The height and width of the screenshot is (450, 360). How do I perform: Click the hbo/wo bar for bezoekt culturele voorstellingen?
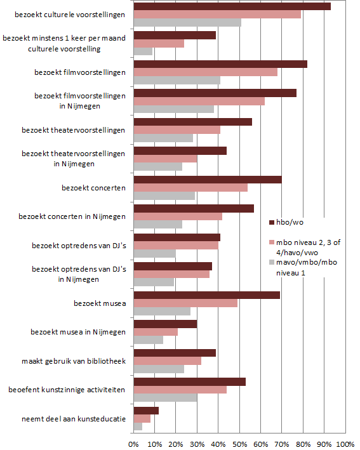tap(232, 6)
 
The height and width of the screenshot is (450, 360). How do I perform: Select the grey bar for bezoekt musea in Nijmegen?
tap(149, 340)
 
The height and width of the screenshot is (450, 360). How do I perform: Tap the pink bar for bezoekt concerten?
tap(190, 188)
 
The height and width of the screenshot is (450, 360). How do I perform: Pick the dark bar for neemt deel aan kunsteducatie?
tap(146, 411)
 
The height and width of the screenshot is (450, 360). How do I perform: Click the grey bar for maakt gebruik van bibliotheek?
tap(159, 369)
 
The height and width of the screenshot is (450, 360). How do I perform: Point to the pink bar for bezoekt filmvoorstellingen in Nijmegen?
tap(199, 102)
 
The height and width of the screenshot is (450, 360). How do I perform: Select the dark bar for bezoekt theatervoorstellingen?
tap(193, 122)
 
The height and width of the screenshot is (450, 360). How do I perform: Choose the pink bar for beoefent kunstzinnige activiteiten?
tap(180, 390)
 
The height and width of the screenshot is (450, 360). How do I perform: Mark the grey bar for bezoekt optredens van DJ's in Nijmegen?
tap(154, 282)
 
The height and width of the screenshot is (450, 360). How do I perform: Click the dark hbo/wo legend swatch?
tap(272, 222)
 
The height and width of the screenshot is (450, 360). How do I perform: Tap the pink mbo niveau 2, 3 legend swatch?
tap(272, 242)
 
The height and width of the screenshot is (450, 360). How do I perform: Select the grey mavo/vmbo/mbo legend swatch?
tap(272, 262)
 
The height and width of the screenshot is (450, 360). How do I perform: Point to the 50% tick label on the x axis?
tap(240, 444)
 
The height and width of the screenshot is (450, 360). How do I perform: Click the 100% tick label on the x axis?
tap(345, 444)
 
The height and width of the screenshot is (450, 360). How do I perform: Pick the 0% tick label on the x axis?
tap(133, 444)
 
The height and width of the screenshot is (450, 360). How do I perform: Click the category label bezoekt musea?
tap(100, 303)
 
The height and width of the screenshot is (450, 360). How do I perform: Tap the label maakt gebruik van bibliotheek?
tap(74, 361)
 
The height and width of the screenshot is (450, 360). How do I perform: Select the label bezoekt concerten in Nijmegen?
tap(72, 216)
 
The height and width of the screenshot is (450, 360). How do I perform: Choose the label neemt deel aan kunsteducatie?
tap(74, 419)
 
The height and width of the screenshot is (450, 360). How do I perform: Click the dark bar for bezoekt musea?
tap(207, 295)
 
